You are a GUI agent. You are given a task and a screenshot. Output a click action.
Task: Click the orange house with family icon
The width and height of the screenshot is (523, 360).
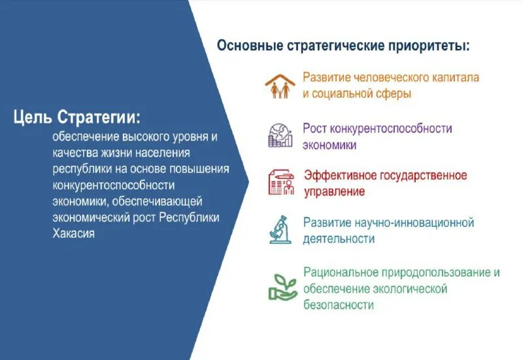(280, 86)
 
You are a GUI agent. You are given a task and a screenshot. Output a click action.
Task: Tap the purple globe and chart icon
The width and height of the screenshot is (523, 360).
(280, 134)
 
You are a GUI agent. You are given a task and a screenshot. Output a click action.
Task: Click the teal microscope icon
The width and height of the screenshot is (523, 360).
(280, 229)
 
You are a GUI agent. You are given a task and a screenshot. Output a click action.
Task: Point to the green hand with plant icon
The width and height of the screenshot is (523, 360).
(282, 286)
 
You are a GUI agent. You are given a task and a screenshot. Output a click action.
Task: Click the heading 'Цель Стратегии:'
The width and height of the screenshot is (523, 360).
(76, 118)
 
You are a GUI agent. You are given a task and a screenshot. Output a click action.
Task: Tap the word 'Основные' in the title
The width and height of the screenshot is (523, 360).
(249, 46)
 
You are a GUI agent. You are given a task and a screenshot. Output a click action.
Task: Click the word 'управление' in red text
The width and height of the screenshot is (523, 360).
(334, 192)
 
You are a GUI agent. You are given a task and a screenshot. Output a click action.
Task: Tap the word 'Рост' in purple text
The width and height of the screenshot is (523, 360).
(316, 128)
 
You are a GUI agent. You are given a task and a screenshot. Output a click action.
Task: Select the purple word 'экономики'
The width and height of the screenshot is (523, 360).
(329, 145)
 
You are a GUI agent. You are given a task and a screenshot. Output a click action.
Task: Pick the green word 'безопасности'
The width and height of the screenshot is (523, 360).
(338, 305)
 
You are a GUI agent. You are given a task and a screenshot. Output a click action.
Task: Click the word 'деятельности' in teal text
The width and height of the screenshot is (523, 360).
(339, 239)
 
